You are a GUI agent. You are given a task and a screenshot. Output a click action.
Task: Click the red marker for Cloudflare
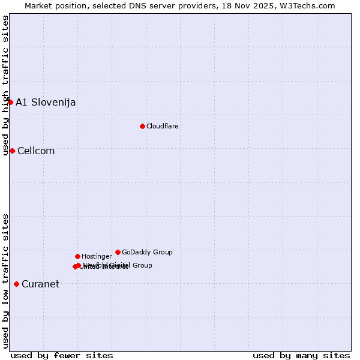coord(142,126)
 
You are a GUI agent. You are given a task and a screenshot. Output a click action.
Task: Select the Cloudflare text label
coord(163,126)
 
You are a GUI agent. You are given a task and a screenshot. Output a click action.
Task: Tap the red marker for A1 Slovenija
coord(10,102)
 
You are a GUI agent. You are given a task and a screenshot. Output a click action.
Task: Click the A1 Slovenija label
coord(46,102)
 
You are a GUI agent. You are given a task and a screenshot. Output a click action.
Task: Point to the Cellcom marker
coord(12,151)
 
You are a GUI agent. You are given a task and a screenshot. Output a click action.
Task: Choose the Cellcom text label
coord(36,151)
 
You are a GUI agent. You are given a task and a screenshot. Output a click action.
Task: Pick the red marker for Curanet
coord(16,284)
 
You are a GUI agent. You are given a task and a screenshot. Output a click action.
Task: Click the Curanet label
coord(41,284)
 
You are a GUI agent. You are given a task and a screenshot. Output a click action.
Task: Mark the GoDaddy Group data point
coord(118,252)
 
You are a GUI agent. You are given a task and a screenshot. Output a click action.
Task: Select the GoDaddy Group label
coord(147,252)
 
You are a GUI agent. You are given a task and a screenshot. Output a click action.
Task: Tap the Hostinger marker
coord(77,256)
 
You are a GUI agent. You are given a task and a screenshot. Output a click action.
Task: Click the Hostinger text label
coord(97,256)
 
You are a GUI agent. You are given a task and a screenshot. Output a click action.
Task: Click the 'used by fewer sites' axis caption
coord(62,355)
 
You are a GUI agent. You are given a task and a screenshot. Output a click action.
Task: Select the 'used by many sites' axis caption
coord(301,355)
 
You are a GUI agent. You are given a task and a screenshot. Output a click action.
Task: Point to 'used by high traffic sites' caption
coord(6,85)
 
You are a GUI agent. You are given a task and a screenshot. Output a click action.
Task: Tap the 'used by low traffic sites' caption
coord(6,281)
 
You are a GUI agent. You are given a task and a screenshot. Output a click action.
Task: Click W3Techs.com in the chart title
coord(309,5)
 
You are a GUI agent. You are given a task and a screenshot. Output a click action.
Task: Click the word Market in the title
coord(38,5)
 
